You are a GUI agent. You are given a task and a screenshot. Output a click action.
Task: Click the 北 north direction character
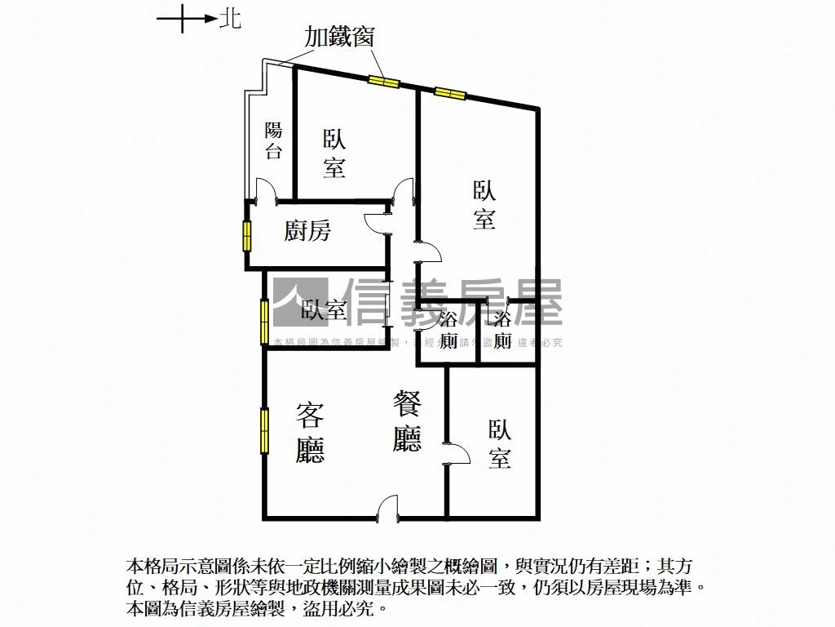coord(231,18)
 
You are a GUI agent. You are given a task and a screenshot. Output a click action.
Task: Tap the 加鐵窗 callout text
coord(339,37)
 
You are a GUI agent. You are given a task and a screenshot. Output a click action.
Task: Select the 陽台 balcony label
coord(274,140)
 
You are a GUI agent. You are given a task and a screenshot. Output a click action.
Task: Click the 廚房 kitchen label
coord(307,232)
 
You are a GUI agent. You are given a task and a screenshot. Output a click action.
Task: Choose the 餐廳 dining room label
coord(407,421)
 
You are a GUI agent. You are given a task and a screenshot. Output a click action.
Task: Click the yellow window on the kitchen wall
coord(246,235)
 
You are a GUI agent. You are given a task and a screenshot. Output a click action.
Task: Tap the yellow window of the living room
coord(264,430)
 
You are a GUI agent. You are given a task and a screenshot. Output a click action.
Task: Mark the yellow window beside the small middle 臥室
coord(264,322)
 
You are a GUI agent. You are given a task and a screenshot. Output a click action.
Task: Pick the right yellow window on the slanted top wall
coord(449,92)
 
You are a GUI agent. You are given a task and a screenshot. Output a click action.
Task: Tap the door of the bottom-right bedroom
coord(457,453)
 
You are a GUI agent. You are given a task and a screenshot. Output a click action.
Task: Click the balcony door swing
coord(267,189)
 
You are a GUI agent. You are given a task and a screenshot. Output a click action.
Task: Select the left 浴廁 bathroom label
coord(448,330)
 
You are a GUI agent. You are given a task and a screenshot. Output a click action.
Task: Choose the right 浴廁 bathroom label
coord(503,330)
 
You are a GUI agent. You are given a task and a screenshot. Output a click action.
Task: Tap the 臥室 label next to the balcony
coord(334,153)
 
